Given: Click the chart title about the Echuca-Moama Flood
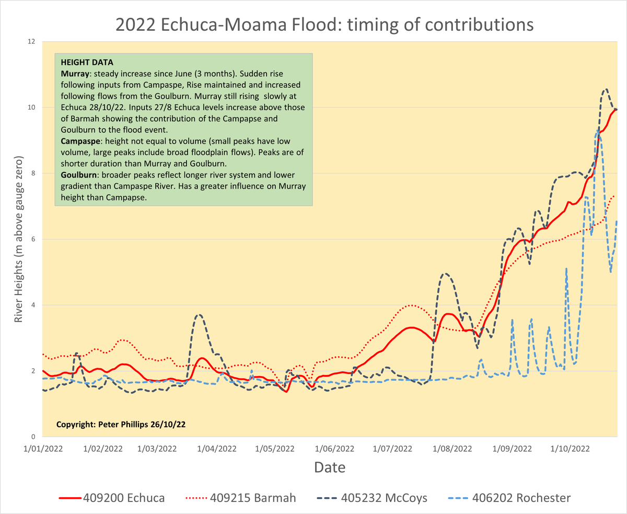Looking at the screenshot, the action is [324, 25].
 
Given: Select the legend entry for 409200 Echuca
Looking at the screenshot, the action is [112, 498].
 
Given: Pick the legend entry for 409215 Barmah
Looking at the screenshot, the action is [240, 498].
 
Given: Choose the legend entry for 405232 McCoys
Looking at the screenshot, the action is [372, 498].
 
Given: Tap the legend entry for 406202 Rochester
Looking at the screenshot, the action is [509, 498].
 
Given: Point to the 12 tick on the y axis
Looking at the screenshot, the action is [31, 41].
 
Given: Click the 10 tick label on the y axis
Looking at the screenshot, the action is [31, 107].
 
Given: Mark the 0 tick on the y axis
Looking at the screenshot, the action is [33, 437].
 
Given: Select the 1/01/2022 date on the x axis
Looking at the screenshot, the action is [43, 449].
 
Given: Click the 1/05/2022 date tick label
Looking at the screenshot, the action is [274, 449].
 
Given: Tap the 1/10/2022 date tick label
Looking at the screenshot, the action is [570, 449].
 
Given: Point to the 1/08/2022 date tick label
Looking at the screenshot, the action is [452, 449].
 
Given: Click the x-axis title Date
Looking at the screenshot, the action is [330, 468].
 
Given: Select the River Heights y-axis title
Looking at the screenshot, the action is [18, 239].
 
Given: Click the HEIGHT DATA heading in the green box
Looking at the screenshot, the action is [87, 63].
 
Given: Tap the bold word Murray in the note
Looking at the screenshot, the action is [75, 74].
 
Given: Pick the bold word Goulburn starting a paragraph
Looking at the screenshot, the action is [79, 175].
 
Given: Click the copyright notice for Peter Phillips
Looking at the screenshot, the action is [121, 424].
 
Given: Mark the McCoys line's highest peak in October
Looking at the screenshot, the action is [606, 89].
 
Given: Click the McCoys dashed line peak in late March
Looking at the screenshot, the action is [200, 314].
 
